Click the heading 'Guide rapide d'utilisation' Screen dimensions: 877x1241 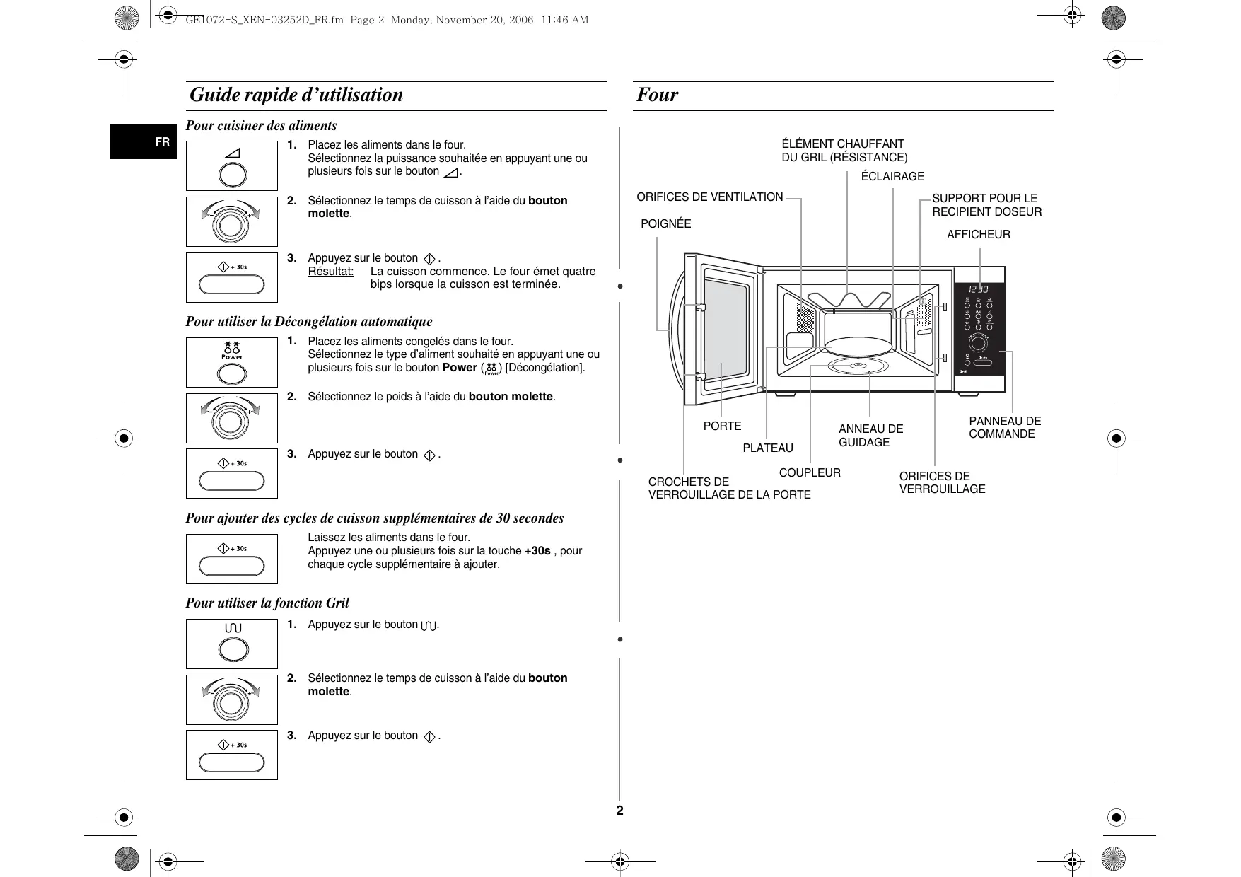point(296,95)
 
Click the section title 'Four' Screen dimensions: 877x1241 point(657,95)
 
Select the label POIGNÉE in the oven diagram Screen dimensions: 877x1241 point(665,224)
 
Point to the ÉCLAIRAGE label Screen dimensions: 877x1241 point(892,177)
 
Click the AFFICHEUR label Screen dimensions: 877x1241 point(978,235)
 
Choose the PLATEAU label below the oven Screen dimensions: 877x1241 point(768,448)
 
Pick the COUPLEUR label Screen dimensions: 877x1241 point(810,473)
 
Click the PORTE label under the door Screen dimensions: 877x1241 point(722,426)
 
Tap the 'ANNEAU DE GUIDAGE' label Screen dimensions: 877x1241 point(870,436)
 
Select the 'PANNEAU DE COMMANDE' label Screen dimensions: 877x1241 point(1004,428)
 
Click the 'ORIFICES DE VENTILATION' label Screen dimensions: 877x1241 point(710,197)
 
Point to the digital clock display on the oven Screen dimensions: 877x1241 point(978,289)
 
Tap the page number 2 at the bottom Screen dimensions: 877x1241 point(620,811)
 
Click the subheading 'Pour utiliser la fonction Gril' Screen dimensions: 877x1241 point(267,603)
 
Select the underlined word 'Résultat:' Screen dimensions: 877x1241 point(330,272)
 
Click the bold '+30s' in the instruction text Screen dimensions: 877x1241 point(537,551)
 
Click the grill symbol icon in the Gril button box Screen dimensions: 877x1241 point(233,628)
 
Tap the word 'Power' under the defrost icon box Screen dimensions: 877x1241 point(232,357)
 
